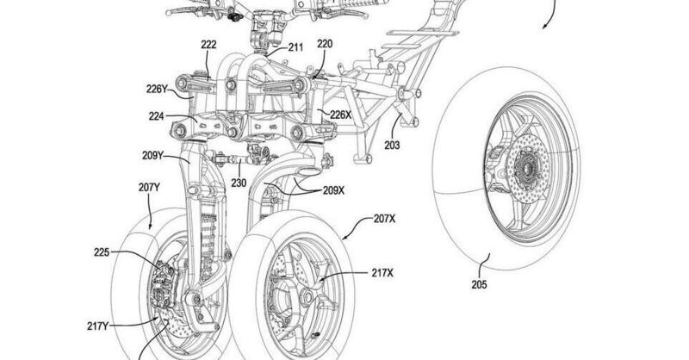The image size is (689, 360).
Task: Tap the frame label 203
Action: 392,146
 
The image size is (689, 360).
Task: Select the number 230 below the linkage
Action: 238,183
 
